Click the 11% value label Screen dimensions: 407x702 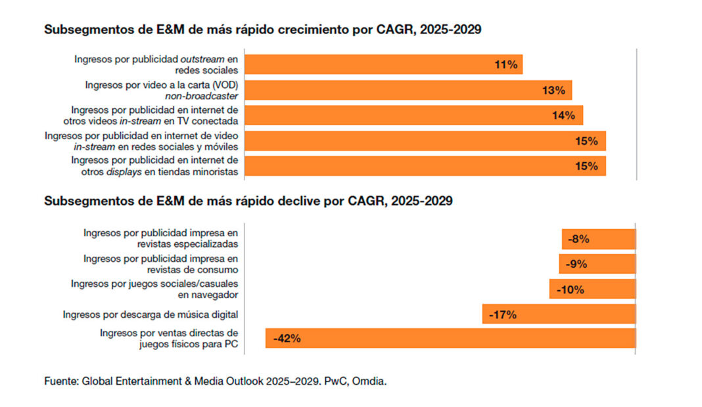coord(506,64)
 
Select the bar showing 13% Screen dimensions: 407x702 coord(408,90)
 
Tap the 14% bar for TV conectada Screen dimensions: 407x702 coord(414,116)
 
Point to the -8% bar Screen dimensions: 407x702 coord(598,240)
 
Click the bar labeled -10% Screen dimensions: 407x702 coord(592,289)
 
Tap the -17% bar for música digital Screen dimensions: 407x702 coord(559,314)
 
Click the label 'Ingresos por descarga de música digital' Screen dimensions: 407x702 coord(150,314)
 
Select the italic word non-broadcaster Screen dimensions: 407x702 coord(201,96)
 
